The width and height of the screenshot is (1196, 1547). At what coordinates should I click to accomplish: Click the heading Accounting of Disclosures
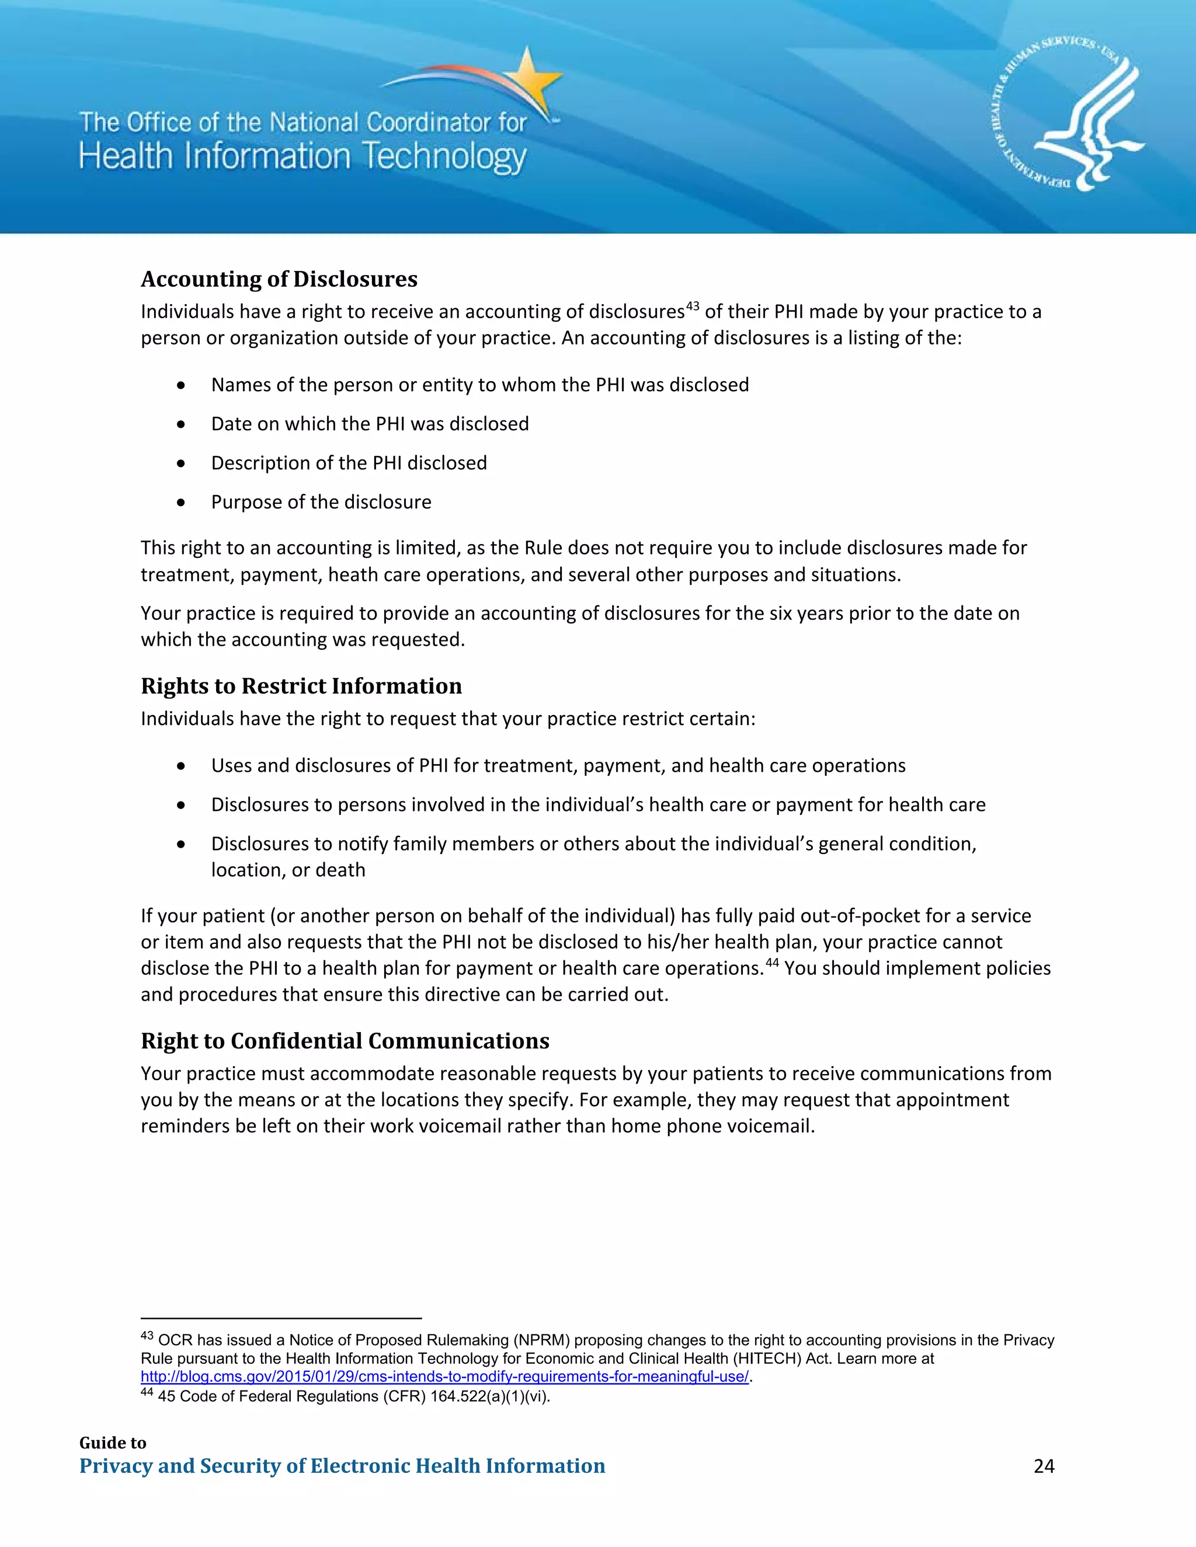[x=279, y=278]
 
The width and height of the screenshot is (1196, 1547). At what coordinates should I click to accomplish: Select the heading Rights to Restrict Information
[x=301, y=686]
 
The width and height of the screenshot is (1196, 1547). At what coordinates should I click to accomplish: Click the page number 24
[x=1044, y=1465]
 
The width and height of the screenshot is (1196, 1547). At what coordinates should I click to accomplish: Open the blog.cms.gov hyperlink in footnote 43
[x=444, y=1377]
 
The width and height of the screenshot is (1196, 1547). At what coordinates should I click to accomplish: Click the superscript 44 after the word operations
[x=771, y=962]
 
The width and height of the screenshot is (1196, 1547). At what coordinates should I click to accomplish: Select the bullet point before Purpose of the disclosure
[x=182, y=502]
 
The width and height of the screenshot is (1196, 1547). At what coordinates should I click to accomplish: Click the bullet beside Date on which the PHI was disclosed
[x=182, y=424]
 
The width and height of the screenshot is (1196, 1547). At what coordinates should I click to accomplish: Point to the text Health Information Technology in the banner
[x=303, y=156]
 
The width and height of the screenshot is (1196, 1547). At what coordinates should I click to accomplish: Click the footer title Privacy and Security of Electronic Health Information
[x=342, y=1465]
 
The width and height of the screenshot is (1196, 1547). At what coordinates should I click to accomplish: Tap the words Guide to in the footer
[x=113, y=1443]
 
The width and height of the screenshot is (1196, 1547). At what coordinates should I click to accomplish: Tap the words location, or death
[x=288, y=870]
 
